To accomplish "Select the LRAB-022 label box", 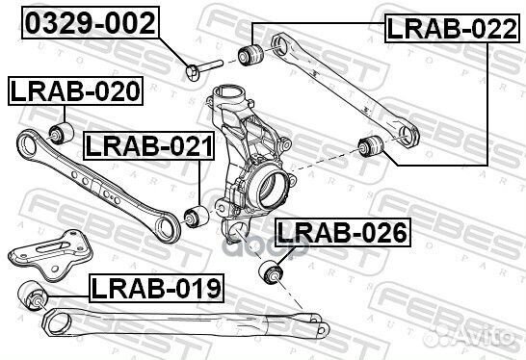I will [444, 28].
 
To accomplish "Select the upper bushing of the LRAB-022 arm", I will [254, 52].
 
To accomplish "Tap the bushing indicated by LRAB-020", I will [60, 130].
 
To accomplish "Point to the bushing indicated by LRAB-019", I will [31, 295].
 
